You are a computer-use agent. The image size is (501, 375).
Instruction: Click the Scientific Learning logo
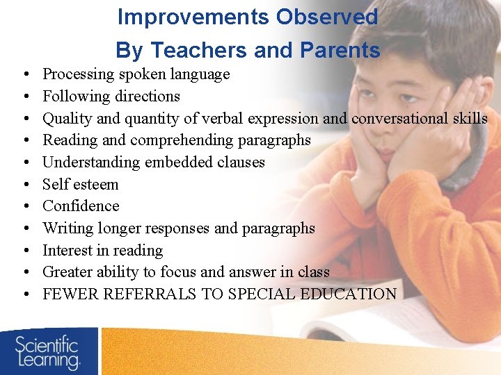click(48, 351)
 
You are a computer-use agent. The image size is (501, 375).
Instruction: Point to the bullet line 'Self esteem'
click(80, 184)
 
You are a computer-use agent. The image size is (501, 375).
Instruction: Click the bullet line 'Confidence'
click(81, 206)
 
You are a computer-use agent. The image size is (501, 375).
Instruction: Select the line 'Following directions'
click(111, 96)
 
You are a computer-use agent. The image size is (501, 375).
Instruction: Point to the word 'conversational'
click(401, 118)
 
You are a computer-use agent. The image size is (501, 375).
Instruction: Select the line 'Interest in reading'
click(102, 250)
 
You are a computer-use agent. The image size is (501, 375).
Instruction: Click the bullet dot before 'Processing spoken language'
click(24, 74)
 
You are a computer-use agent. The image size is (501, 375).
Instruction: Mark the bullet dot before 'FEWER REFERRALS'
click(24, 294)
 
